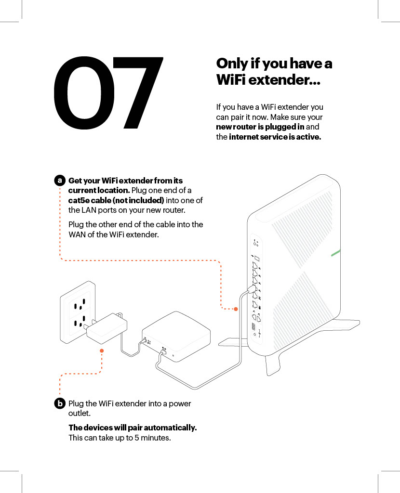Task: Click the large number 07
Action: (108, 93)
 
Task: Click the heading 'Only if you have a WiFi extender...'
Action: (274, 71)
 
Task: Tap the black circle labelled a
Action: (59, 181)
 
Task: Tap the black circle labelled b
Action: (59, 403)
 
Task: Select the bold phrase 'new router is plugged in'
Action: (260, 127)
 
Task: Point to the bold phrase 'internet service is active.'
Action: (275, 137)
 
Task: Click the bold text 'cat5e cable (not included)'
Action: (116, 201)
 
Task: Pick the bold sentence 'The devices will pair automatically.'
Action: (133, 428)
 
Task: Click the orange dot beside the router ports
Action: (236, 309)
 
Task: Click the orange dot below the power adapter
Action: (102, 351)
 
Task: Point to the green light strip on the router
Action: (336, 253)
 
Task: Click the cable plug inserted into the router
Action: (251, 289)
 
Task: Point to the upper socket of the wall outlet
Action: (79, 304)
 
